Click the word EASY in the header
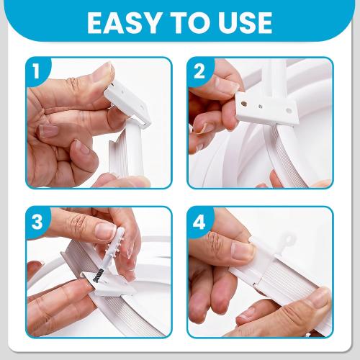124,22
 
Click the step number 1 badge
37,71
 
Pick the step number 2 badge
199,71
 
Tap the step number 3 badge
37,221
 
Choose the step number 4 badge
199,222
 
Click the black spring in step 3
98,275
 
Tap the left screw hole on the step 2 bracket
243,104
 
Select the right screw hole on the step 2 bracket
289,111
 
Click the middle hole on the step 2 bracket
260,106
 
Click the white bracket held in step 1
128,103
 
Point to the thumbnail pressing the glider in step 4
243,251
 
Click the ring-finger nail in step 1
49,131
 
